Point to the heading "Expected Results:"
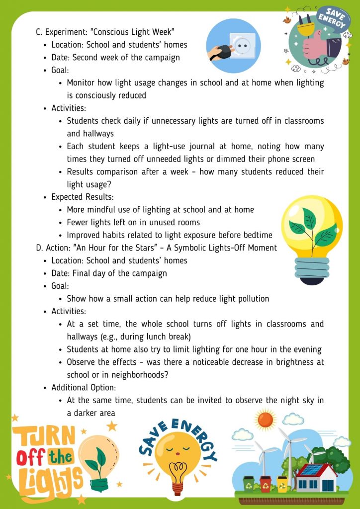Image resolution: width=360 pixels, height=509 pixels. tap(83, 197)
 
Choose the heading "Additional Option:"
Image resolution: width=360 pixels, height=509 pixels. tap(84, 387)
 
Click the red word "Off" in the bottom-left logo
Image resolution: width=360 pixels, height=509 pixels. tap(31, 457)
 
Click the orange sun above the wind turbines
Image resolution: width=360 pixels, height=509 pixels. tap(266, 421)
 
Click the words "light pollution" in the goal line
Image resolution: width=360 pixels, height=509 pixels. tap(241, 299)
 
